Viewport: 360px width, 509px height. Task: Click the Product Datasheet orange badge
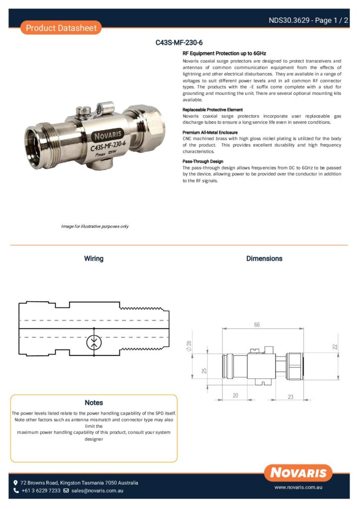[61, 28]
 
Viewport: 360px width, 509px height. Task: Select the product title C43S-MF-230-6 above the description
[179, 43]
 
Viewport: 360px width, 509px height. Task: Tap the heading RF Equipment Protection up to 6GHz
[224, 53]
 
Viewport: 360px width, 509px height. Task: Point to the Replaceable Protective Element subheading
[212, 109]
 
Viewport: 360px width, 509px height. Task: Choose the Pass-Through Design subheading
[203, 161]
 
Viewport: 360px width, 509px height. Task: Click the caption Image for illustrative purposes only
[94, 227]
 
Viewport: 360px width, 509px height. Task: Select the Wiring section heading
[93, 258]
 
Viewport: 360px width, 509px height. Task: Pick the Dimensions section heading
[264, 258]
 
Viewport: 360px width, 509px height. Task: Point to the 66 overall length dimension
[257, 325]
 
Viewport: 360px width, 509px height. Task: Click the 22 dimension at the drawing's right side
[335, 346]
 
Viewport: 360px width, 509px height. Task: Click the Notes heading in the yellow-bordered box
[93, 403]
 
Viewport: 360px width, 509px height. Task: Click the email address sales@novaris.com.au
[97, 491]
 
